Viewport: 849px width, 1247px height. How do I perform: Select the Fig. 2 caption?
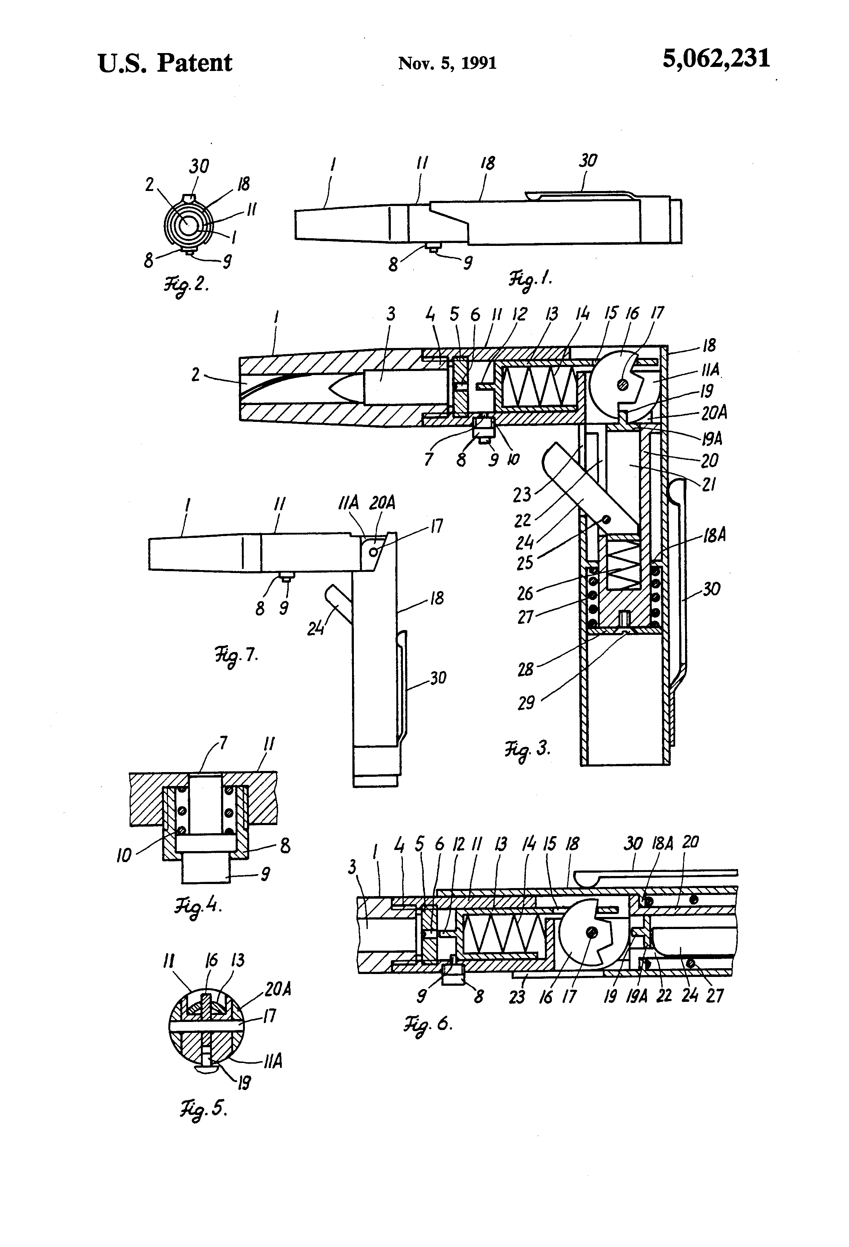click(x=186, y=284)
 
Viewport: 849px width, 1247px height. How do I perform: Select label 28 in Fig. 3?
click(x=526, y=669)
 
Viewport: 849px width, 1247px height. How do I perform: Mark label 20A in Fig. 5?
click(x=277, y=989)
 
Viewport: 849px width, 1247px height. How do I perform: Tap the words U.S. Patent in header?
click(x=165, y=63)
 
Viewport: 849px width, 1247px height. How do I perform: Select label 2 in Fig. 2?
click(x=149, y=184)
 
